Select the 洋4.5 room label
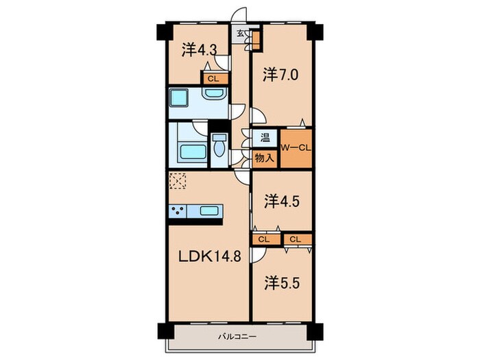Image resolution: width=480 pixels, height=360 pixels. [282, 202]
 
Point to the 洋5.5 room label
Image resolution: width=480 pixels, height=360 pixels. [282, 283]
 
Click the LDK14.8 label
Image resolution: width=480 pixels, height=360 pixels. [210, 256]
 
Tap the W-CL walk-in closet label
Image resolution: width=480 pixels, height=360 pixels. [296, 148]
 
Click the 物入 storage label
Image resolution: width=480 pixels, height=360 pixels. [264, 158]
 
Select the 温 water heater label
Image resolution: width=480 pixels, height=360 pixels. [265, 137]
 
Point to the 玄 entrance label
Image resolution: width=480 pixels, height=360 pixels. [241, 32]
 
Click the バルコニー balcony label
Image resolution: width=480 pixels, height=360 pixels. [237, 337]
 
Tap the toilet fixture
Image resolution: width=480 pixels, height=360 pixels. [219, 147]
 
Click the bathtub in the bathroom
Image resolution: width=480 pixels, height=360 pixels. [193, 152]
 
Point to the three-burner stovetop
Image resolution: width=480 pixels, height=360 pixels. [178, 211]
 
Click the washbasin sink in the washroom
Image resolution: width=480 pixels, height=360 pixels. [214, 93]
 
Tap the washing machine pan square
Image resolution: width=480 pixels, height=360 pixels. [179, 97]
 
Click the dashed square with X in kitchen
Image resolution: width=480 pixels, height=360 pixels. [178, 181]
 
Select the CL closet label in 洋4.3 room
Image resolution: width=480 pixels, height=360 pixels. [214, 79]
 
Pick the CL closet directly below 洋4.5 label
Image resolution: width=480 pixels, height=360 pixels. [264, 240]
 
